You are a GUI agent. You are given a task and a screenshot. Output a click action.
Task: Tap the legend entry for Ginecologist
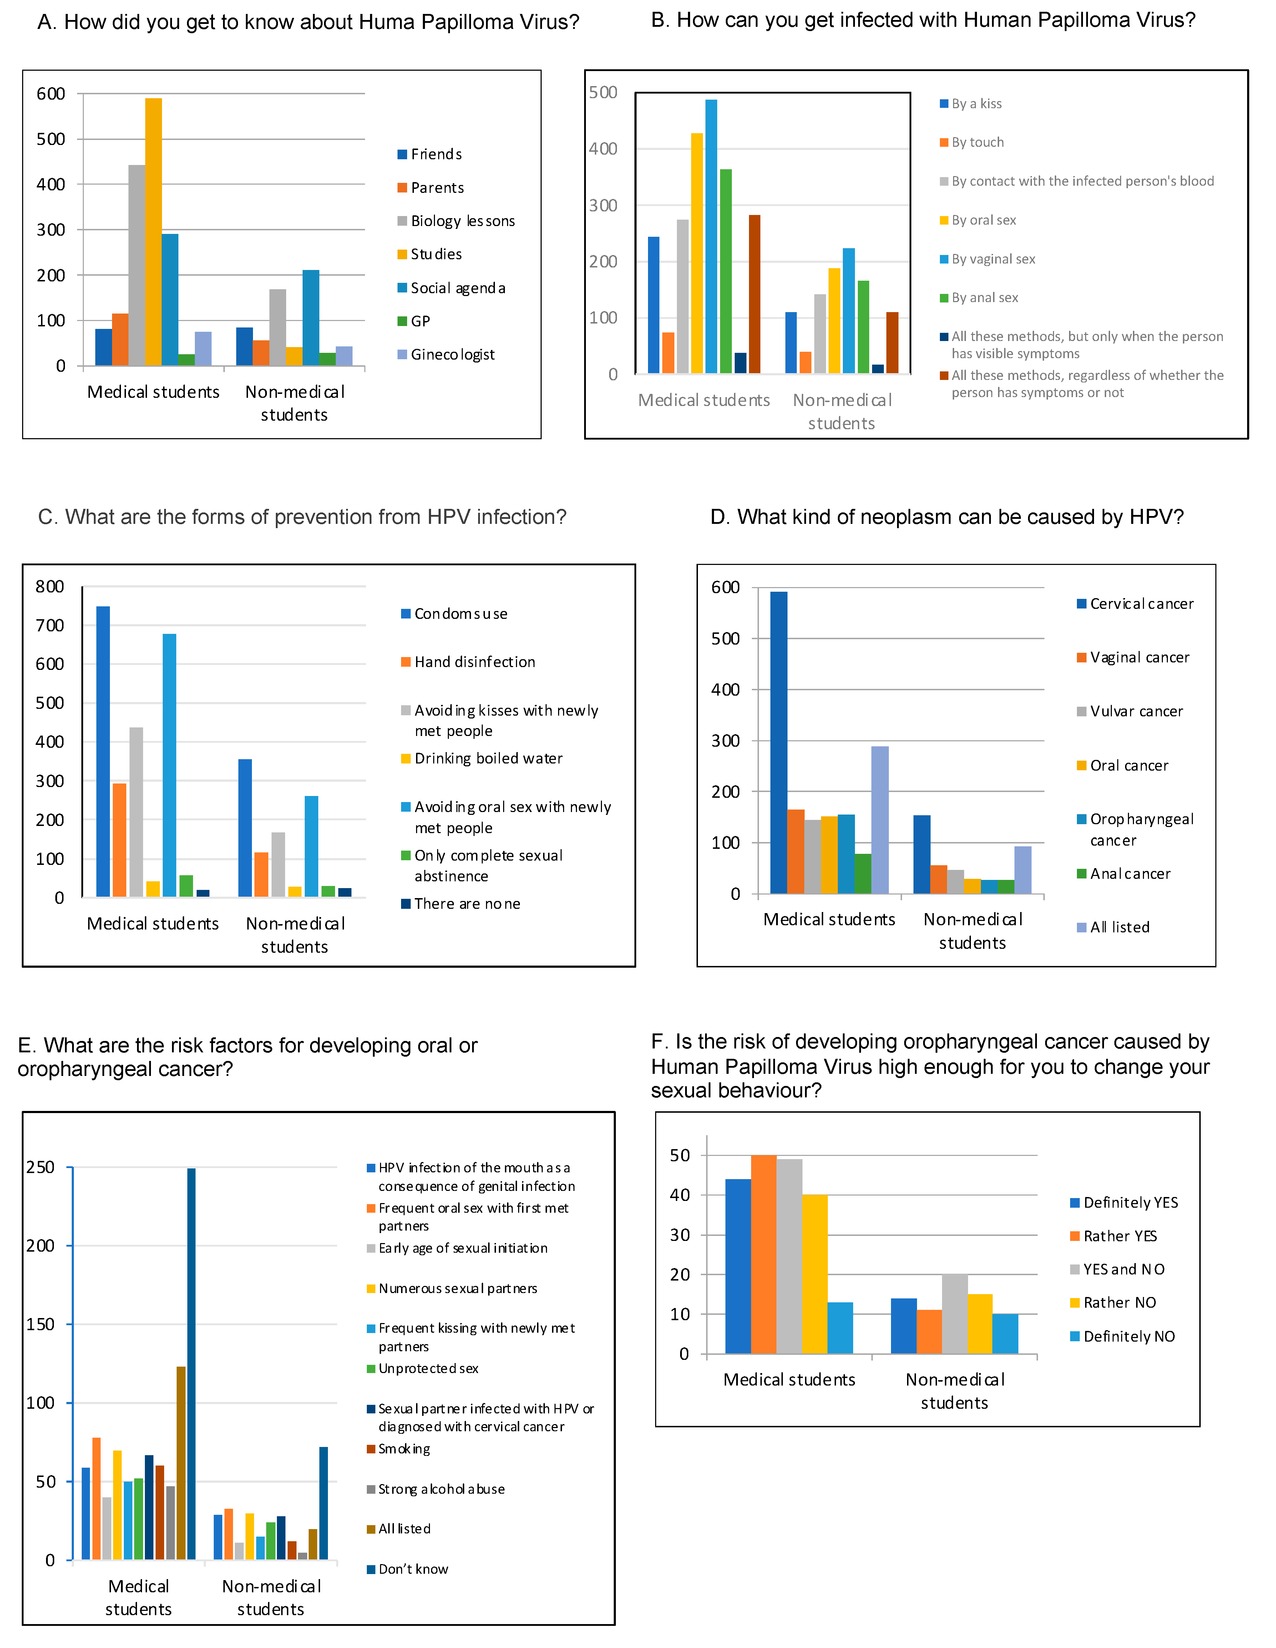452,355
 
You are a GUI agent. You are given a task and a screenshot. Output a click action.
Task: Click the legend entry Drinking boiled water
488,758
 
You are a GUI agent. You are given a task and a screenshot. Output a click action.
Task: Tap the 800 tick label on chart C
50,586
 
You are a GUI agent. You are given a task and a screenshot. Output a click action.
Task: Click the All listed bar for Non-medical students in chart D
1023,870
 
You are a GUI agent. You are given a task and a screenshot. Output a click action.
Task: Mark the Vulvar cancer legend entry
1136,712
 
